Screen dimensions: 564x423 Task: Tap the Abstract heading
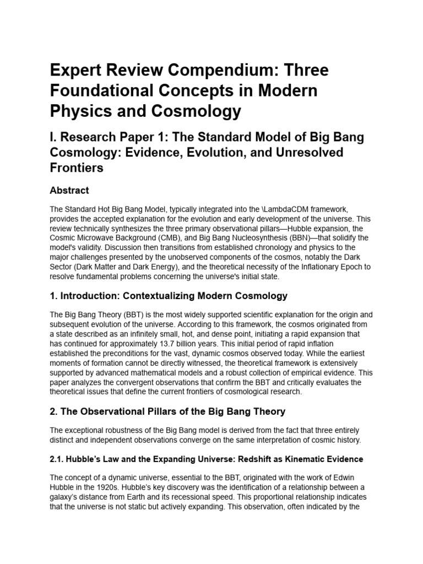(69, 191)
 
